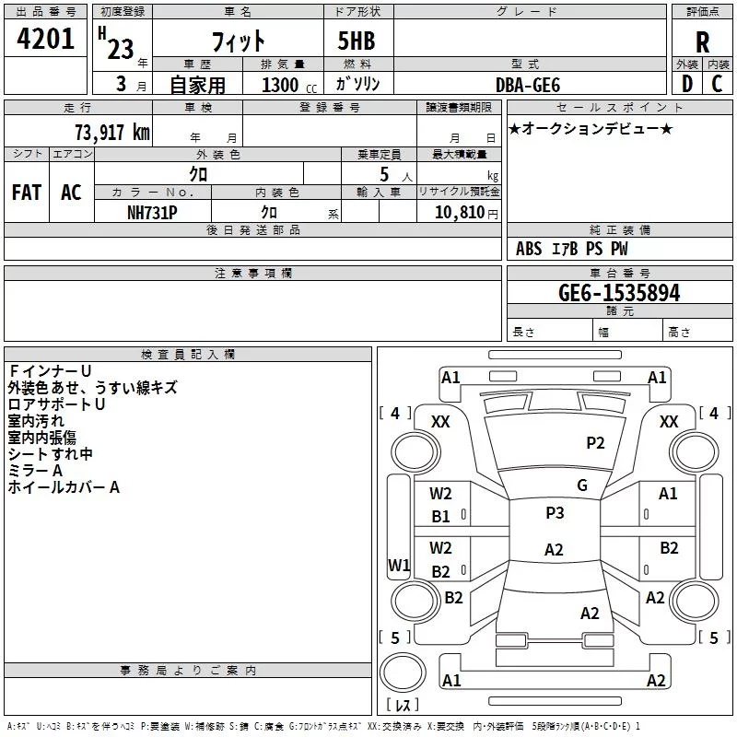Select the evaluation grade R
(x=702, y=42)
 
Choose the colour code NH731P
(x=152, y=211)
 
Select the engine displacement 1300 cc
(x=286, y=85)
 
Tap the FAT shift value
(x=26, y=193)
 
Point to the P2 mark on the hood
(x=596, y=443)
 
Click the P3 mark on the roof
(x=555, y=513)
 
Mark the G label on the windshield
(x=581, y=485)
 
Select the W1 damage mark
(x=399, y=565)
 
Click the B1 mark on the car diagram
(x=441, y=517)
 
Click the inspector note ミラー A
(x=36, y=471)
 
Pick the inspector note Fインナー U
(x=50, y=371)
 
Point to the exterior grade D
(x=685, y=84)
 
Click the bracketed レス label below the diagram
(x=403, y=705)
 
